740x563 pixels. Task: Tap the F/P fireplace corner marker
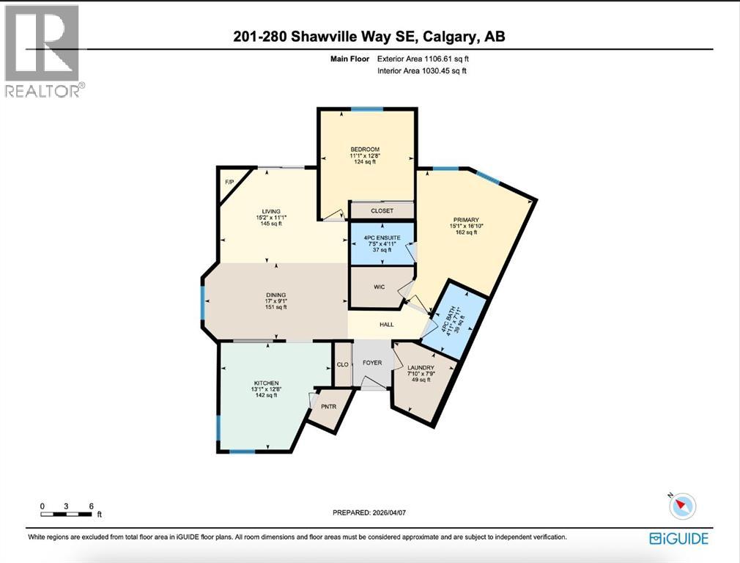coord(228,180)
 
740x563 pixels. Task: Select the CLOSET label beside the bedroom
coord(382,210)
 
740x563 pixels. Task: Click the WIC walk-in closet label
coord(379,287)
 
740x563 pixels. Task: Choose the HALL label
coord(386,324)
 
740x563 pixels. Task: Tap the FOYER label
coord(372,363)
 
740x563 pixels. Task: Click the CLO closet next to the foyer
coord(342,364)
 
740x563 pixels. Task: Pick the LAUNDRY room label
coord(421,367)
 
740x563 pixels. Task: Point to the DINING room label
coord(275,293)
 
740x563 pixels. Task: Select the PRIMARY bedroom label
coord(465,218)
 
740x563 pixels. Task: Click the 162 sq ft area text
coord(465,233)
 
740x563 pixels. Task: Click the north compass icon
coord(683,505)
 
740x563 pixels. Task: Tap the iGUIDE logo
coord(678,539)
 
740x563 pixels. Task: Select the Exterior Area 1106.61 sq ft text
coord(421,58)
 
